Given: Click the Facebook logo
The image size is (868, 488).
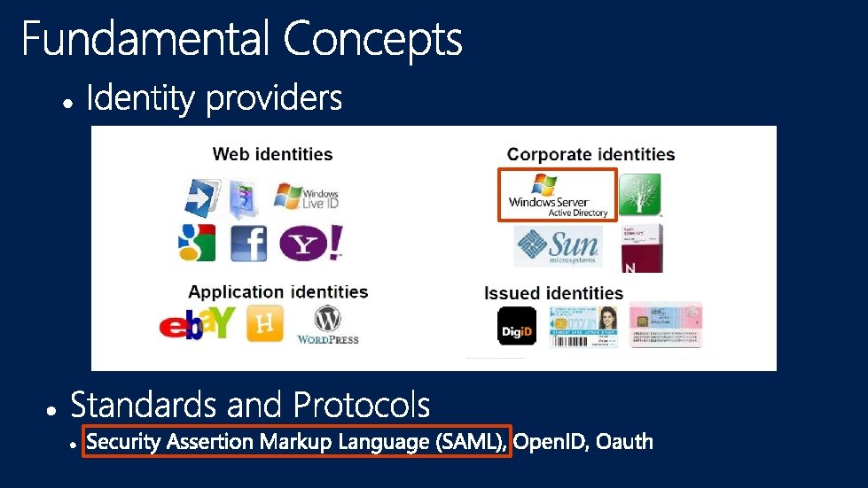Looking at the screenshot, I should pyautogui.click(x=249, y=243).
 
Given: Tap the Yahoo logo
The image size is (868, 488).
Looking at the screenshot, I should pyautogui.click(x=311, y=243).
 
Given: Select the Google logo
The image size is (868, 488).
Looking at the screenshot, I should pyautogui.click(x=196, y=243).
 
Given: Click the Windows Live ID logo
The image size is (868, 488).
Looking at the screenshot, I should pyautogui.click(x=306, y=196).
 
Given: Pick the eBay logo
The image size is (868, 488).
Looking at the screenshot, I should pyautogui.click(x=197, y=324).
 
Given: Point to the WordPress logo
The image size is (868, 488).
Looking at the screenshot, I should pyautogui.click(x=327, y=325).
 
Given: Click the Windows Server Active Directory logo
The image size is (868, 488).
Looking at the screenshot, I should pyautogui.click(x=558, y=195).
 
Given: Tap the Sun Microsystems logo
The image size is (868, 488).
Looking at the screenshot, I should pyautogui.click(x=558, y=246).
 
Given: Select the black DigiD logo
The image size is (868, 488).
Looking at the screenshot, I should pyautogui.click(x=517, y=326).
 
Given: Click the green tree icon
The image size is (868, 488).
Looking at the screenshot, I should pyautogui.click(x=639, y=195).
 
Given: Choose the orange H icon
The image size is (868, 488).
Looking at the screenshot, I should pyautogui.click(x=264, y=325).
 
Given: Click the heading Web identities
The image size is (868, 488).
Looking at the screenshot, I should pyautogui.click(x=272, y=154).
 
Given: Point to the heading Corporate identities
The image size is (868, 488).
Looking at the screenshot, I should pyautogui.click(x=590, y=155).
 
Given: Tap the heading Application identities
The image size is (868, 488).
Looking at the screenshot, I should pyautogui.click(x=278, y=291).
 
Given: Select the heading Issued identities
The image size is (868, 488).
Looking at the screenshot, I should pyautogui.click(x=553, y=293).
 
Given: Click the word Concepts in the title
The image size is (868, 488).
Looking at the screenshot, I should pyautogui.click(x=372, y=41).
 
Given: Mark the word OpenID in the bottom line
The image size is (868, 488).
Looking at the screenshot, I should pyautogui.click(x=550, y=441).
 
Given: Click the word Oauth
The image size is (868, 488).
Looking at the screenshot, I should pyautogui.click(x=624, y=441).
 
